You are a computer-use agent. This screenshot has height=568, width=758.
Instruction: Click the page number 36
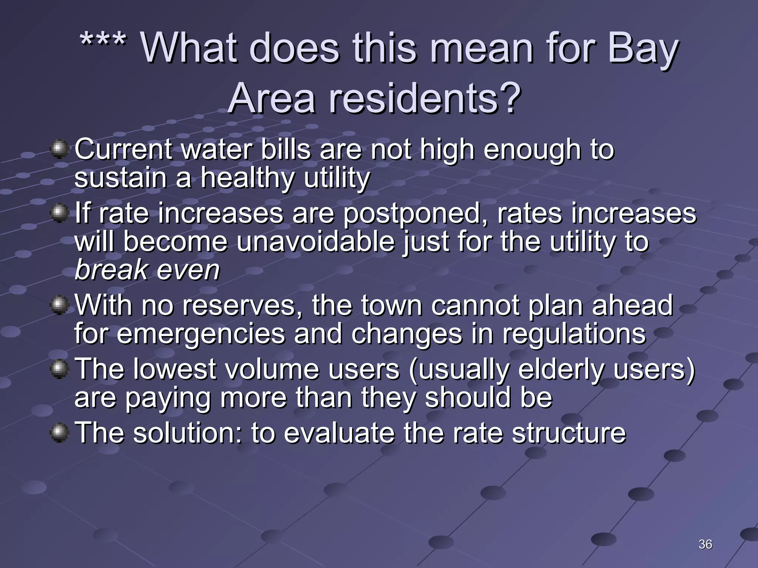[705, 544]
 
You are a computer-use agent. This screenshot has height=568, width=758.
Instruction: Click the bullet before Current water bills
[59, 149]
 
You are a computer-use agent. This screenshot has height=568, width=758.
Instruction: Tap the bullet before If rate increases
[59, 213]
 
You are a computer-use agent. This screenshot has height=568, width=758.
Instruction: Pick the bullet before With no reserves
[59, 305]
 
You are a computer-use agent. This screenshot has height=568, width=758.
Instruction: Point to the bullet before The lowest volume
[59, 369]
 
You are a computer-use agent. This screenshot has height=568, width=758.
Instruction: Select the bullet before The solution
[59, 433]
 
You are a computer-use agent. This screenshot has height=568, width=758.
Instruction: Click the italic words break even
[147, 270]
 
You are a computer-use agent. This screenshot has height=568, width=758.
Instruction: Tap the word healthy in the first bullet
[247, 178]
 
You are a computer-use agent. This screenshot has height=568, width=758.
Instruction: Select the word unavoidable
[315, 242]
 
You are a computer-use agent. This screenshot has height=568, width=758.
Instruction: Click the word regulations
[574, 334]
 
